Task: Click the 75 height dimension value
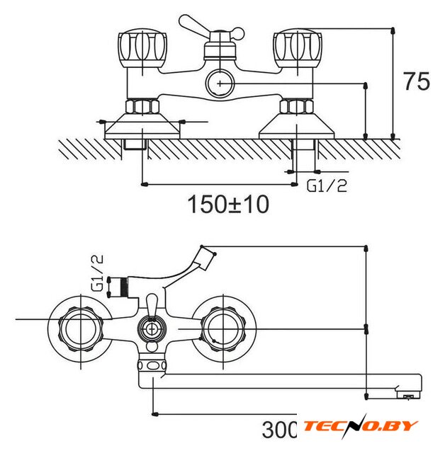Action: [417, 81]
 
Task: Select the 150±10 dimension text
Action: [228, 205]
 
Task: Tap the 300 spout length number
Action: [279, 430]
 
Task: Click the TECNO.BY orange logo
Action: [360, 426]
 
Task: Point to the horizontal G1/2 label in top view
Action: [327, 185]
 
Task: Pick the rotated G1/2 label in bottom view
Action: [97, 273]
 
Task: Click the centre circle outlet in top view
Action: [220, 84]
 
